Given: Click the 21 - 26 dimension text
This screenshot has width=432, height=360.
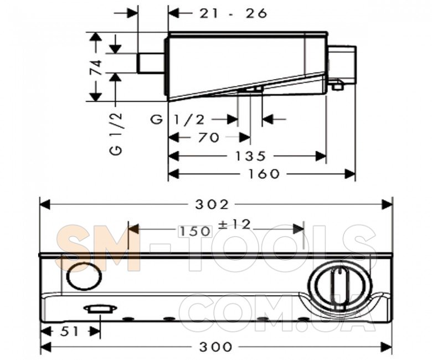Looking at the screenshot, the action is pos(233,13).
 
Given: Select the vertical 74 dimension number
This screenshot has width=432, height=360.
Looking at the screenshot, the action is pos(96,67).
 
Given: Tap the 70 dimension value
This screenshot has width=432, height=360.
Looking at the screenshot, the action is pos(208,137).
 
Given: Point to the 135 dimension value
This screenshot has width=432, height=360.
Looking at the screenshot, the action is pos(250,156).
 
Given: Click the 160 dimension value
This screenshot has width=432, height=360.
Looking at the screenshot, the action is pos(264,174).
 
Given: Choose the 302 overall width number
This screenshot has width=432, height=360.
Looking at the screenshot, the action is pos(212,204).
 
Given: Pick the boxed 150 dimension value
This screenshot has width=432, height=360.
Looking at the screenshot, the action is pos(196,231).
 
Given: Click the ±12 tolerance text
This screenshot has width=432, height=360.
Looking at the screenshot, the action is pos(234,224).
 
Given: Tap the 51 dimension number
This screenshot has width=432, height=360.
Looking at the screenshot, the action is pos(69,331).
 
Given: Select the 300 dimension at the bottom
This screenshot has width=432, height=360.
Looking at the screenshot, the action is pos(215,347).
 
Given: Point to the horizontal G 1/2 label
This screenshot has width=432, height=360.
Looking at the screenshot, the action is pos(178,120).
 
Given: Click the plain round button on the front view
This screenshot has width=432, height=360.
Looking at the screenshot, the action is pos(85,277).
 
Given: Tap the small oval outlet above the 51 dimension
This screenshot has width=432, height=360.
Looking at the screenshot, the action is pos(100,309).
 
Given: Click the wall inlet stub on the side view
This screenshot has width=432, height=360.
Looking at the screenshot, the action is pos(151,63).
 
